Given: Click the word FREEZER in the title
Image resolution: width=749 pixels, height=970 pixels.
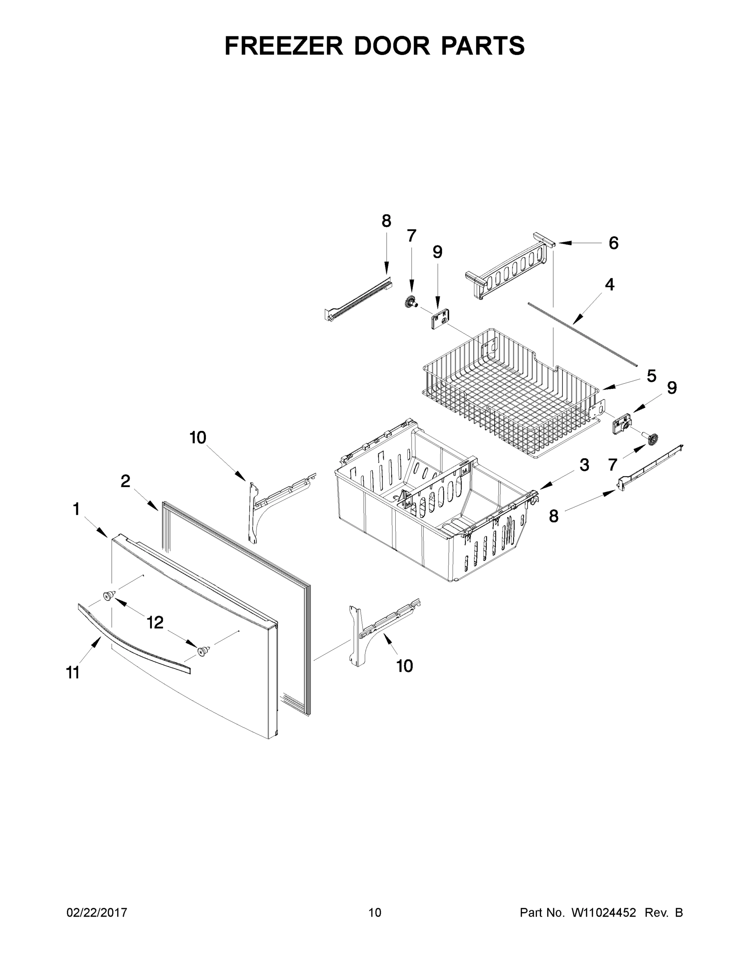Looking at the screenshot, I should tap(283, 46).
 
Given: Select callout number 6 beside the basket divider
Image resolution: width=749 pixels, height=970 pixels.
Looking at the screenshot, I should tap(613, 243).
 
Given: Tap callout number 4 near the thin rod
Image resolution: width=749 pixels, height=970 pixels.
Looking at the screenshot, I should tap(610, 285).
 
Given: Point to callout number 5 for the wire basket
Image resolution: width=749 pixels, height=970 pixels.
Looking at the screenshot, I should tap(651, 376).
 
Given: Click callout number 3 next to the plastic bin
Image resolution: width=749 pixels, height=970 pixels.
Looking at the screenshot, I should tap(584, 465).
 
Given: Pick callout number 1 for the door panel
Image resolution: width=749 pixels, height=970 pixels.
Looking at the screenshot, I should tap(76, 509).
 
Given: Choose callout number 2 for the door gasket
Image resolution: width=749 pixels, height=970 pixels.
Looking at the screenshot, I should tap(126, 481).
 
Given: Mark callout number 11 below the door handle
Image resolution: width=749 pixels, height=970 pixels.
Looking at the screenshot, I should tap(73, 673).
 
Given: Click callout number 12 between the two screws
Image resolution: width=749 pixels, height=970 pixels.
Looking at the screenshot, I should tap(155, 623).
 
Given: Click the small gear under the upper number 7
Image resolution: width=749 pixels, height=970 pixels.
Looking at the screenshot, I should tap(409, 302).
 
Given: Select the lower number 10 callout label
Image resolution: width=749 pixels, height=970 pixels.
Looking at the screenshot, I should tap(404, 666).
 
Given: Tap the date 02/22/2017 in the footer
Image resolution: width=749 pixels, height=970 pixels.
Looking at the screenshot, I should tap(97, 912).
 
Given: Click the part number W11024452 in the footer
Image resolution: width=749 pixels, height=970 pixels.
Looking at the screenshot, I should tap(604, 912).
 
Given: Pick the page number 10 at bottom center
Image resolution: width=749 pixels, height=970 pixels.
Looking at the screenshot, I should tap(375, 912).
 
